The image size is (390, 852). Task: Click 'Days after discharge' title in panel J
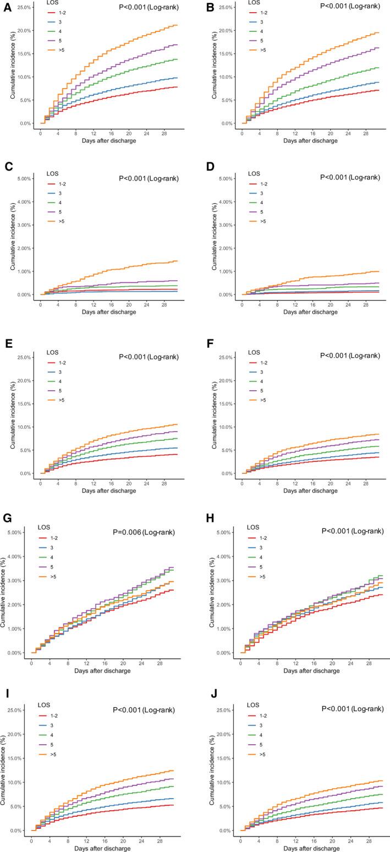click(312, 848)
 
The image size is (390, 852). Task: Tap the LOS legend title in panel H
click(254, 527)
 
